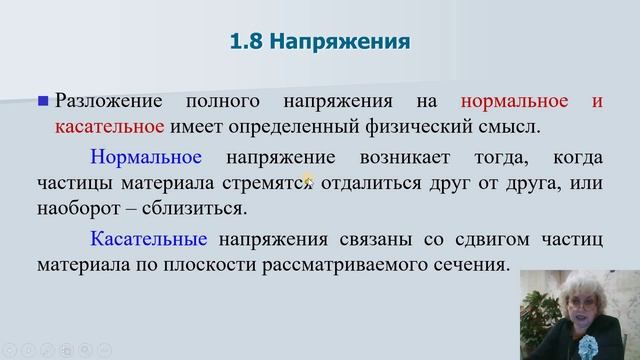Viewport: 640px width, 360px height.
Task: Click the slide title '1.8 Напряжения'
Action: pos(319,42)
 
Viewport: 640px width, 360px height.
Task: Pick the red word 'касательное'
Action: pos(110,127)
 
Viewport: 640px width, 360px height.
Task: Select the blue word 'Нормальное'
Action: pos(146,158)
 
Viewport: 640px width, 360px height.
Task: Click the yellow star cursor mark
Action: pos(308,181)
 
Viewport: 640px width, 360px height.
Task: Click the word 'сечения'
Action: pos(474,267)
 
